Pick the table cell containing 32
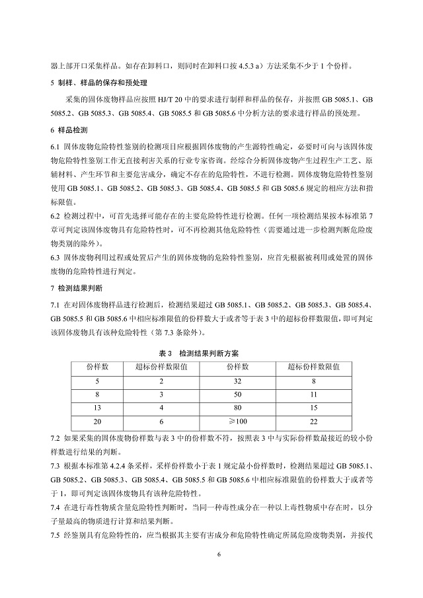[x=237, y=381]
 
